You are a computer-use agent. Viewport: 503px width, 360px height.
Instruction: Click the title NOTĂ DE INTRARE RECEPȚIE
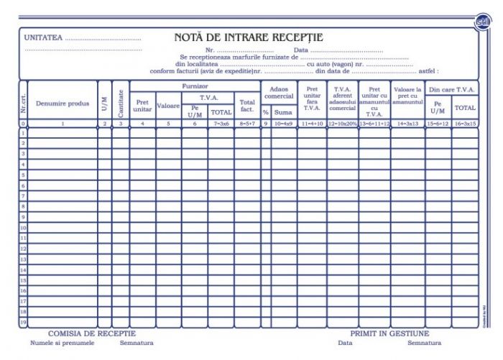point(248,37)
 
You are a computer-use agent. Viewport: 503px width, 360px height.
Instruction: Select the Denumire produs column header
point(63,103)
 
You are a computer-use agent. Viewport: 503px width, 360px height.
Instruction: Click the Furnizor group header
point(195,86)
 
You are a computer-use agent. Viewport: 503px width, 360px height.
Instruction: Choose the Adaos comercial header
point(279,92)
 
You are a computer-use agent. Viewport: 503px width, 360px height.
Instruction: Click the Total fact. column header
point(247,106)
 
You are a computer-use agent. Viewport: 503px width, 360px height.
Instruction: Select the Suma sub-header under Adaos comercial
point(283,113)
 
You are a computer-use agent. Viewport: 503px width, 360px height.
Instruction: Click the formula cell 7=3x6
point(221,124)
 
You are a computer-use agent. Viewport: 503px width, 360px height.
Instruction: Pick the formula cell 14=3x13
point(407,124)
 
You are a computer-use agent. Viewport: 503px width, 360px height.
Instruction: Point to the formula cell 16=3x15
point(465,124)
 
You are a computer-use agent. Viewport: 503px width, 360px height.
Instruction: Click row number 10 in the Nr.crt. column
point(23,228)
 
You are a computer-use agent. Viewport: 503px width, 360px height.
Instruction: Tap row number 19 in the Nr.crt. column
point(23,323)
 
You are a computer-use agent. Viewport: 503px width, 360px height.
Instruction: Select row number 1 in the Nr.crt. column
point(23,133)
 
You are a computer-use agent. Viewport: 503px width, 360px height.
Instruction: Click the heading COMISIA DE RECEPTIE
point(91,334)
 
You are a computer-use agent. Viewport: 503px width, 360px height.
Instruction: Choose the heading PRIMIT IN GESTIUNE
point(389,334)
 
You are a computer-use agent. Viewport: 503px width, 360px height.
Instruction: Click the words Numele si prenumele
point(68,343)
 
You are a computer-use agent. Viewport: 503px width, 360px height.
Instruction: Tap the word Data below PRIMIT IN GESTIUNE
point(345,343)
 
